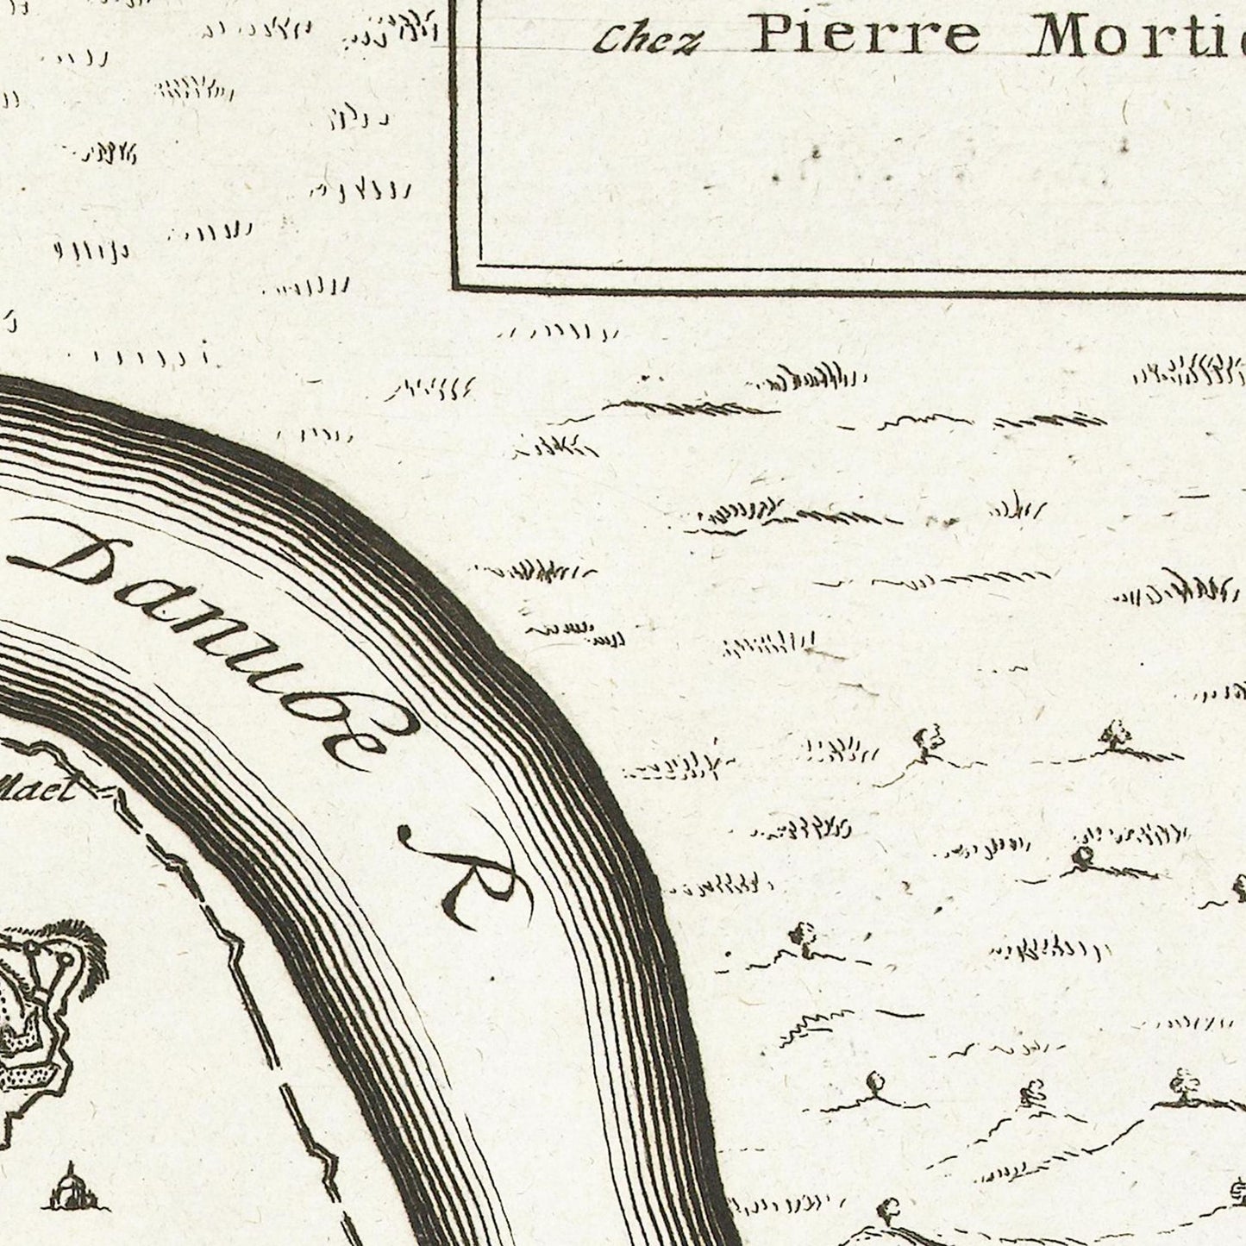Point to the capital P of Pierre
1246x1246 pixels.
coord(770,36)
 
